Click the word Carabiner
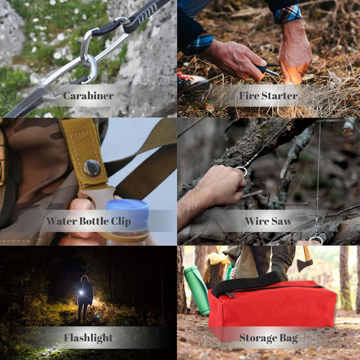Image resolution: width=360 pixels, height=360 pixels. tap(88, 95)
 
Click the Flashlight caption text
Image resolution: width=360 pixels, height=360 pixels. tap(88, 338)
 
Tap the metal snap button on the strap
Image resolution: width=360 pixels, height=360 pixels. tap(92, 168)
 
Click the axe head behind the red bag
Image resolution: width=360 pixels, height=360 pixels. tap(305, 265)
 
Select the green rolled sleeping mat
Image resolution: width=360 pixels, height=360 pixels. tap(197, 290)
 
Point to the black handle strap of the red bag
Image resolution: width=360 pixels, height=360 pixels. tap(246, 284)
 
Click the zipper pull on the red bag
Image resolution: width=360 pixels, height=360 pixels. tap(230, 295)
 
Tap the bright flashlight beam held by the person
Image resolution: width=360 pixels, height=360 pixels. tap(81, 293)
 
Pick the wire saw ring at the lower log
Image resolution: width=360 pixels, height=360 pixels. tap(316, 240)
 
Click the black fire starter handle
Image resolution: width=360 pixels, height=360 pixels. tap(261, 68)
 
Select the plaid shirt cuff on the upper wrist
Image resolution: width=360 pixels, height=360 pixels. tap(287, 14)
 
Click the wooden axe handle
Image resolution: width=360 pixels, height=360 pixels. tap(306, 253)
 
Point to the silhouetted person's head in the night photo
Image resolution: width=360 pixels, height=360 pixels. tap(85, 279)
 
